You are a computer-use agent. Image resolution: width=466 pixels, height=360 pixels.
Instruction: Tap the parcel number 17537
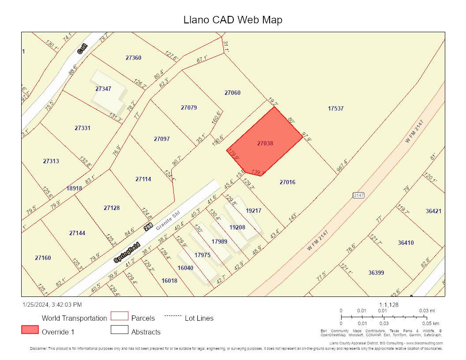(335, 109)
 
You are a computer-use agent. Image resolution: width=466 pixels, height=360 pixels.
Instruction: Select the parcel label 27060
(233, 93)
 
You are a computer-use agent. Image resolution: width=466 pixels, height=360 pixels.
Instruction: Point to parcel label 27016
(287, 182)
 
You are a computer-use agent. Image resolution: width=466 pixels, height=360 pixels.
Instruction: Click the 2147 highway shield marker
(358, 195)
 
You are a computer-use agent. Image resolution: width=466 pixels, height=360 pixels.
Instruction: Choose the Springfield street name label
(127, 252)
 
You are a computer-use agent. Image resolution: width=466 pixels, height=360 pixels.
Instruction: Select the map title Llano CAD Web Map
(233, 20)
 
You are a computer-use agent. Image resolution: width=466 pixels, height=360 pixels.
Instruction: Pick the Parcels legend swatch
(119, 316)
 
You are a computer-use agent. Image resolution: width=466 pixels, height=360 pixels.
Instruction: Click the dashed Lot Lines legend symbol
(173, 316)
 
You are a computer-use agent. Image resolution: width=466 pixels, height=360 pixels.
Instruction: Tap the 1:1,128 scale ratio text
(389, 304)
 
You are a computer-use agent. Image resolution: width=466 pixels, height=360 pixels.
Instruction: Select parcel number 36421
(433, 211)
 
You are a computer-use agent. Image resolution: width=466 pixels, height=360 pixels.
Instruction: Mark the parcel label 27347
(103, 89)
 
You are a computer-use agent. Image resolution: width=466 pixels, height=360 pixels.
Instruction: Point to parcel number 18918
(74, 188)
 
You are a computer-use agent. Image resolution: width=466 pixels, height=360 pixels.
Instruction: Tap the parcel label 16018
(169, 281)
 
